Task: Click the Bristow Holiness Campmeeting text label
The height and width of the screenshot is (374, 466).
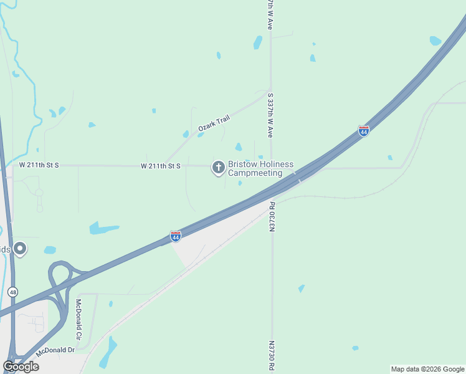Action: [x=260, y=168]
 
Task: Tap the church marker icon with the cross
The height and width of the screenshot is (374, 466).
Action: [x=218, y=167]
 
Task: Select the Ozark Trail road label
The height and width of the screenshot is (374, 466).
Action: [x=210, y=122]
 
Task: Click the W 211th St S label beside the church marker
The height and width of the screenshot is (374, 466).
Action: [x=160, y=166]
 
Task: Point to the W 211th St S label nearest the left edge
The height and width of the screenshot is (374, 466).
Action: [x=39, y=165]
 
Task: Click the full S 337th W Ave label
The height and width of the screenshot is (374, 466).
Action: [x=270, y=116]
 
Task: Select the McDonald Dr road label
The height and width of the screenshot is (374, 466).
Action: [x=55, y=351]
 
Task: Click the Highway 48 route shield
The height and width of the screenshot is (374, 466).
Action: [x=12, y=292]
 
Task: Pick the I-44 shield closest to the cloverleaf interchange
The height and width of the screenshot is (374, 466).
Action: [x=176, y=236]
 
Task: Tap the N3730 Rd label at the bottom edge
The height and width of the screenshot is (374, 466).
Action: [x=272, y=355]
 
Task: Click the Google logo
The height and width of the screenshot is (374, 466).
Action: [x=21, y=367]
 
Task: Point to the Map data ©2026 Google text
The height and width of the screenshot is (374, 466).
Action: [x=427, y=369]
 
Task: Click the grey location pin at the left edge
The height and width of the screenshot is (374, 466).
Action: [x=20, y=249]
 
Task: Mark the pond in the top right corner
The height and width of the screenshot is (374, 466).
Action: [x=435, y=41]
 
